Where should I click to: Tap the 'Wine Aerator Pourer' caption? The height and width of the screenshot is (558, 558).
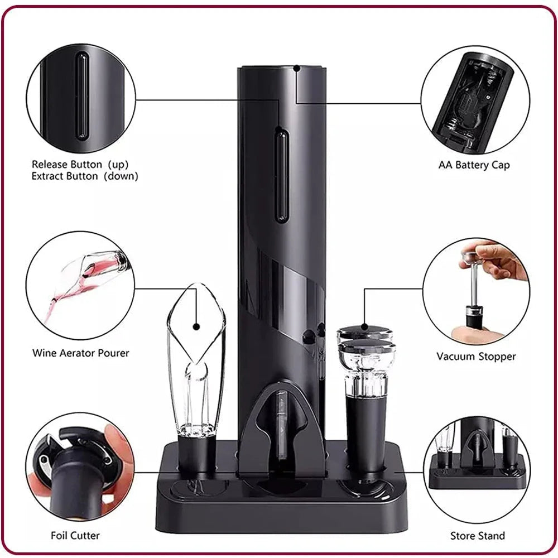point(80,353)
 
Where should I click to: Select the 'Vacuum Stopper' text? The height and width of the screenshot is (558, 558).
point(476,356)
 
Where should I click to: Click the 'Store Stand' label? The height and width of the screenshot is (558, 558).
point(477,536)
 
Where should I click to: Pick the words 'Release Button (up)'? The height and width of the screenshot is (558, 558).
point(80,165)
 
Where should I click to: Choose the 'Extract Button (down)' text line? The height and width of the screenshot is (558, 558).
point(85,176)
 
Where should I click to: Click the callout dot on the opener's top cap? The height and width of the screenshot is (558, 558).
point(297,69)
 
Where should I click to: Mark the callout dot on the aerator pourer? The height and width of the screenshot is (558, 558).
point(196,326)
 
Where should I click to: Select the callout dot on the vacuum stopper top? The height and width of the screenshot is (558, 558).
point(363,326)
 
